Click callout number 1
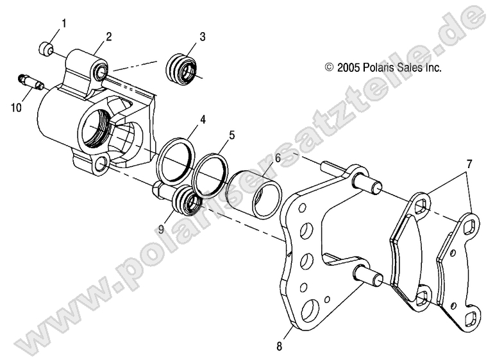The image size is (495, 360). click(x=63, y=24)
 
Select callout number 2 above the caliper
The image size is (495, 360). click(x=109, y=37)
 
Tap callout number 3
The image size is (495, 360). click(x=202, y=37)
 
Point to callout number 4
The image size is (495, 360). click(x=203, y=120)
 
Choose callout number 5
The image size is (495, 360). click(x=232, y=135)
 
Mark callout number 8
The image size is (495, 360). click(x=279, y=347)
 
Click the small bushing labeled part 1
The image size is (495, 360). click(x=45, y=47)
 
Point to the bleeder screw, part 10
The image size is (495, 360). click(x=29, y=83)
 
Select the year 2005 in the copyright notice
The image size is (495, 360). click(x=349, y=66)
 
